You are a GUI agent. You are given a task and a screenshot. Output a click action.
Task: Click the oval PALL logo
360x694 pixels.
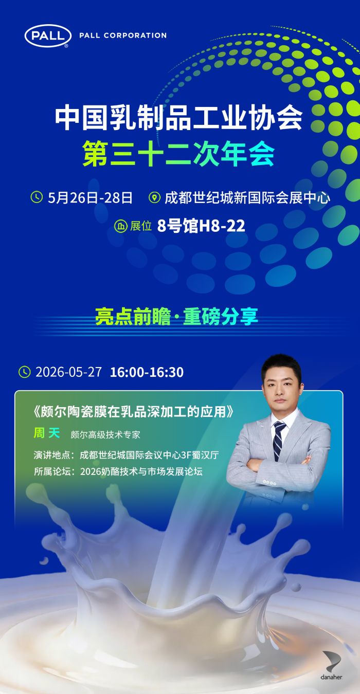(48, 36)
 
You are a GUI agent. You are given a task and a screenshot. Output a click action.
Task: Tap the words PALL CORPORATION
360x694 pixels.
(123, 35)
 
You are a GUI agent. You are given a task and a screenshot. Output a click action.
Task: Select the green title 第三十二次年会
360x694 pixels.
(178, 154)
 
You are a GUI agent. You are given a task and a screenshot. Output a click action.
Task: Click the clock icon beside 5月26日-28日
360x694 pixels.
(37, 197)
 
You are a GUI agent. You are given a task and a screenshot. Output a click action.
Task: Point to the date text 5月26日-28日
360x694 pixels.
(90, 198)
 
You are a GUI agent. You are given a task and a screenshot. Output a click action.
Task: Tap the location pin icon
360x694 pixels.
(154, 197)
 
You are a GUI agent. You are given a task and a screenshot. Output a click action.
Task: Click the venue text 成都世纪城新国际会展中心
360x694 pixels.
(247, 198)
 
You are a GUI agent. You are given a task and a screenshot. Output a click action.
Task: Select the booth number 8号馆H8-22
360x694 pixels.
(201, 226)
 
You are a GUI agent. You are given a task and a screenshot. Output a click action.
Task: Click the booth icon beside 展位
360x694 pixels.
(121, 226)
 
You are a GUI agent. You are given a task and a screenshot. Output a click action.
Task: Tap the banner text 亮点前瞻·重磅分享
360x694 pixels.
(176, 316)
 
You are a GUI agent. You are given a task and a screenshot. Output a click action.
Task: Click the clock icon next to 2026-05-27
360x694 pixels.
(25, 372)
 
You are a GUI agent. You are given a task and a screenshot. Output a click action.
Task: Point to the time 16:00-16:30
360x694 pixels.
(147, 372)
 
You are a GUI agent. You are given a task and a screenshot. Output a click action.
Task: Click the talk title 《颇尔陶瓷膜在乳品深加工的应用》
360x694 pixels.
(134, 412)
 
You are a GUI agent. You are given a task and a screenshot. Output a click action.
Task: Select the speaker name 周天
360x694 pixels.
(46, 433)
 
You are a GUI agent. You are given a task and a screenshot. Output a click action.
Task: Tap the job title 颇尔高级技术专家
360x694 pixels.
(105, 435)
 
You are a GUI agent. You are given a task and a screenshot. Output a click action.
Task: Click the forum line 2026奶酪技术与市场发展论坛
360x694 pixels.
(141, 471)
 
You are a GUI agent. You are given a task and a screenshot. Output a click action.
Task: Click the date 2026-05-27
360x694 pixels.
(68, 372)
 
